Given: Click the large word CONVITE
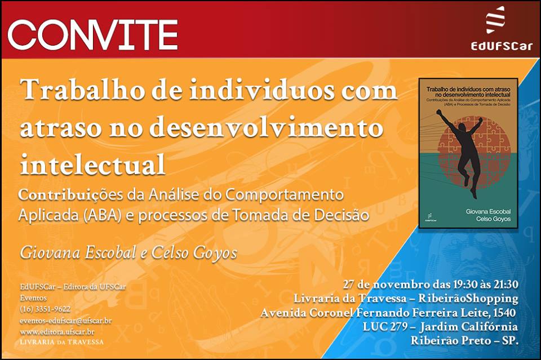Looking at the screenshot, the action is (x=92, y=34).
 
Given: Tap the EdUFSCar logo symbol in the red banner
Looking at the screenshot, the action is (x=495, y=20).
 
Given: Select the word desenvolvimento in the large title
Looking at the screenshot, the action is (x=267, y=127).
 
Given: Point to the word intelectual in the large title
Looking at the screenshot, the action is (x=92, y=165).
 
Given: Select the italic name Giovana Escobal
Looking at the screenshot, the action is (x=78, y=253).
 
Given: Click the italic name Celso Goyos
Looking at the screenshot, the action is (x=194, y=253).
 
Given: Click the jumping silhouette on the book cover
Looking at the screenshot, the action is (x=460, y=152).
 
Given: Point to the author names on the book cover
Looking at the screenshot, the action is (x=488, y=215).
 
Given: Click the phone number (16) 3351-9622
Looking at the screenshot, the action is (x=45, y=309).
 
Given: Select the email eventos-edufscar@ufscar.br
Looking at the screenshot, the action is (x=65, y=321).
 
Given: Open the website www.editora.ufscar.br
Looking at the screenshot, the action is (x=57, y=332).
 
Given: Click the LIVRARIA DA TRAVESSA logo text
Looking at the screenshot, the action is (x=62, y=342).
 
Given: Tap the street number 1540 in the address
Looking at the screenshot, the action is (x=504, y=313).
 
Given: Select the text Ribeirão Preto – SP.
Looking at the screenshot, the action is (x=464, y=341).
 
